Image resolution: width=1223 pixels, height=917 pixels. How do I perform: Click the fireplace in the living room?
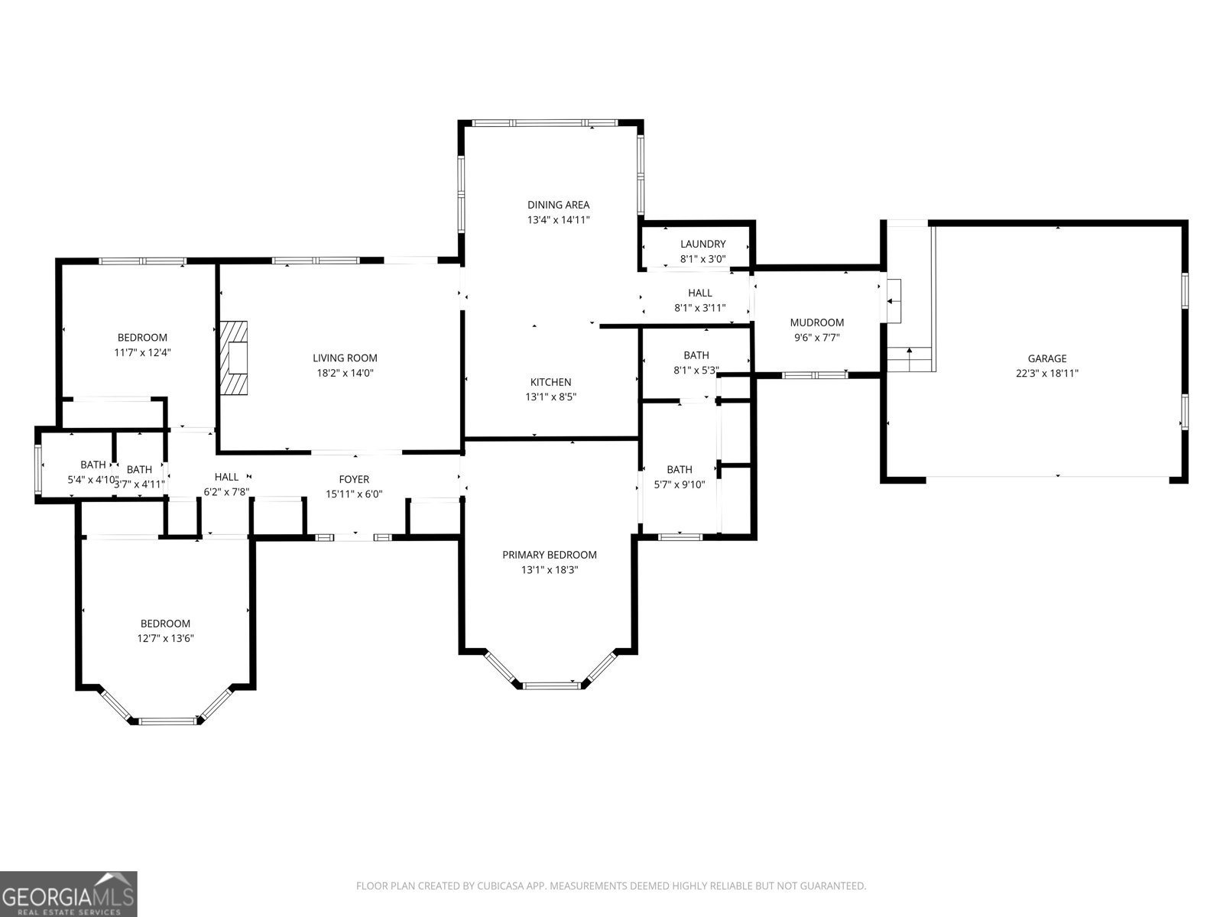tap(235, 358)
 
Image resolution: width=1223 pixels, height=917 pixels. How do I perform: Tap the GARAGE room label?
tap(1046, 358)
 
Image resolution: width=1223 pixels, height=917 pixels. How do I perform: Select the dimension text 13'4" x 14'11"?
tap(558, 220)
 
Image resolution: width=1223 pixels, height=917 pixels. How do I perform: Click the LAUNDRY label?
tap(702, 244)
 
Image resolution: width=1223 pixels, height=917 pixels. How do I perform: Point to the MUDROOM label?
tap(816, 322)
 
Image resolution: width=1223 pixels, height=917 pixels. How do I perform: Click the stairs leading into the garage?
tap(910, 358)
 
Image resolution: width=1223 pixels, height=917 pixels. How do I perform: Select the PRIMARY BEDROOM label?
tap(549, 555)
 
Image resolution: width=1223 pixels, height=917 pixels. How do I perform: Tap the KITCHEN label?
tap(550, 382)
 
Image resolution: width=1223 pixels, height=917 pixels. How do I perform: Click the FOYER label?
tap(354, 479)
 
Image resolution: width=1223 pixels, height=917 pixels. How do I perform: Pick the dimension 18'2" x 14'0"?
tap(345, 374)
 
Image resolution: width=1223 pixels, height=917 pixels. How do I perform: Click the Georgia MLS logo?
tap(69, 893)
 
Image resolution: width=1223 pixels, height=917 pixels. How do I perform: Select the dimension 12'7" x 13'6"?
tap(165, 639)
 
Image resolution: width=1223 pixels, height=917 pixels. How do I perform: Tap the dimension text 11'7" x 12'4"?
tap(142, 353)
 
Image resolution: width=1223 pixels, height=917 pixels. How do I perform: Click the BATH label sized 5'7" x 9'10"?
tap(679, 469)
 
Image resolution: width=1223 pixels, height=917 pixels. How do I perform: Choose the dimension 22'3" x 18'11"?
tap(1046, 374)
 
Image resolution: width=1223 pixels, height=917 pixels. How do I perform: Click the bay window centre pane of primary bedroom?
tap(553, 685)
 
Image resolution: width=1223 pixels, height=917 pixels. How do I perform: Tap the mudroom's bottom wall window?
tap(815, 374)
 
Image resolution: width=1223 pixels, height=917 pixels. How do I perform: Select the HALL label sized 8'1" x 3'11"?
tap(699, 293)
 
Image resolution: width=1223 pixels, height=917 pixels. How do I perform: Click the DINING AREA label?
tap(558, 205)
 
